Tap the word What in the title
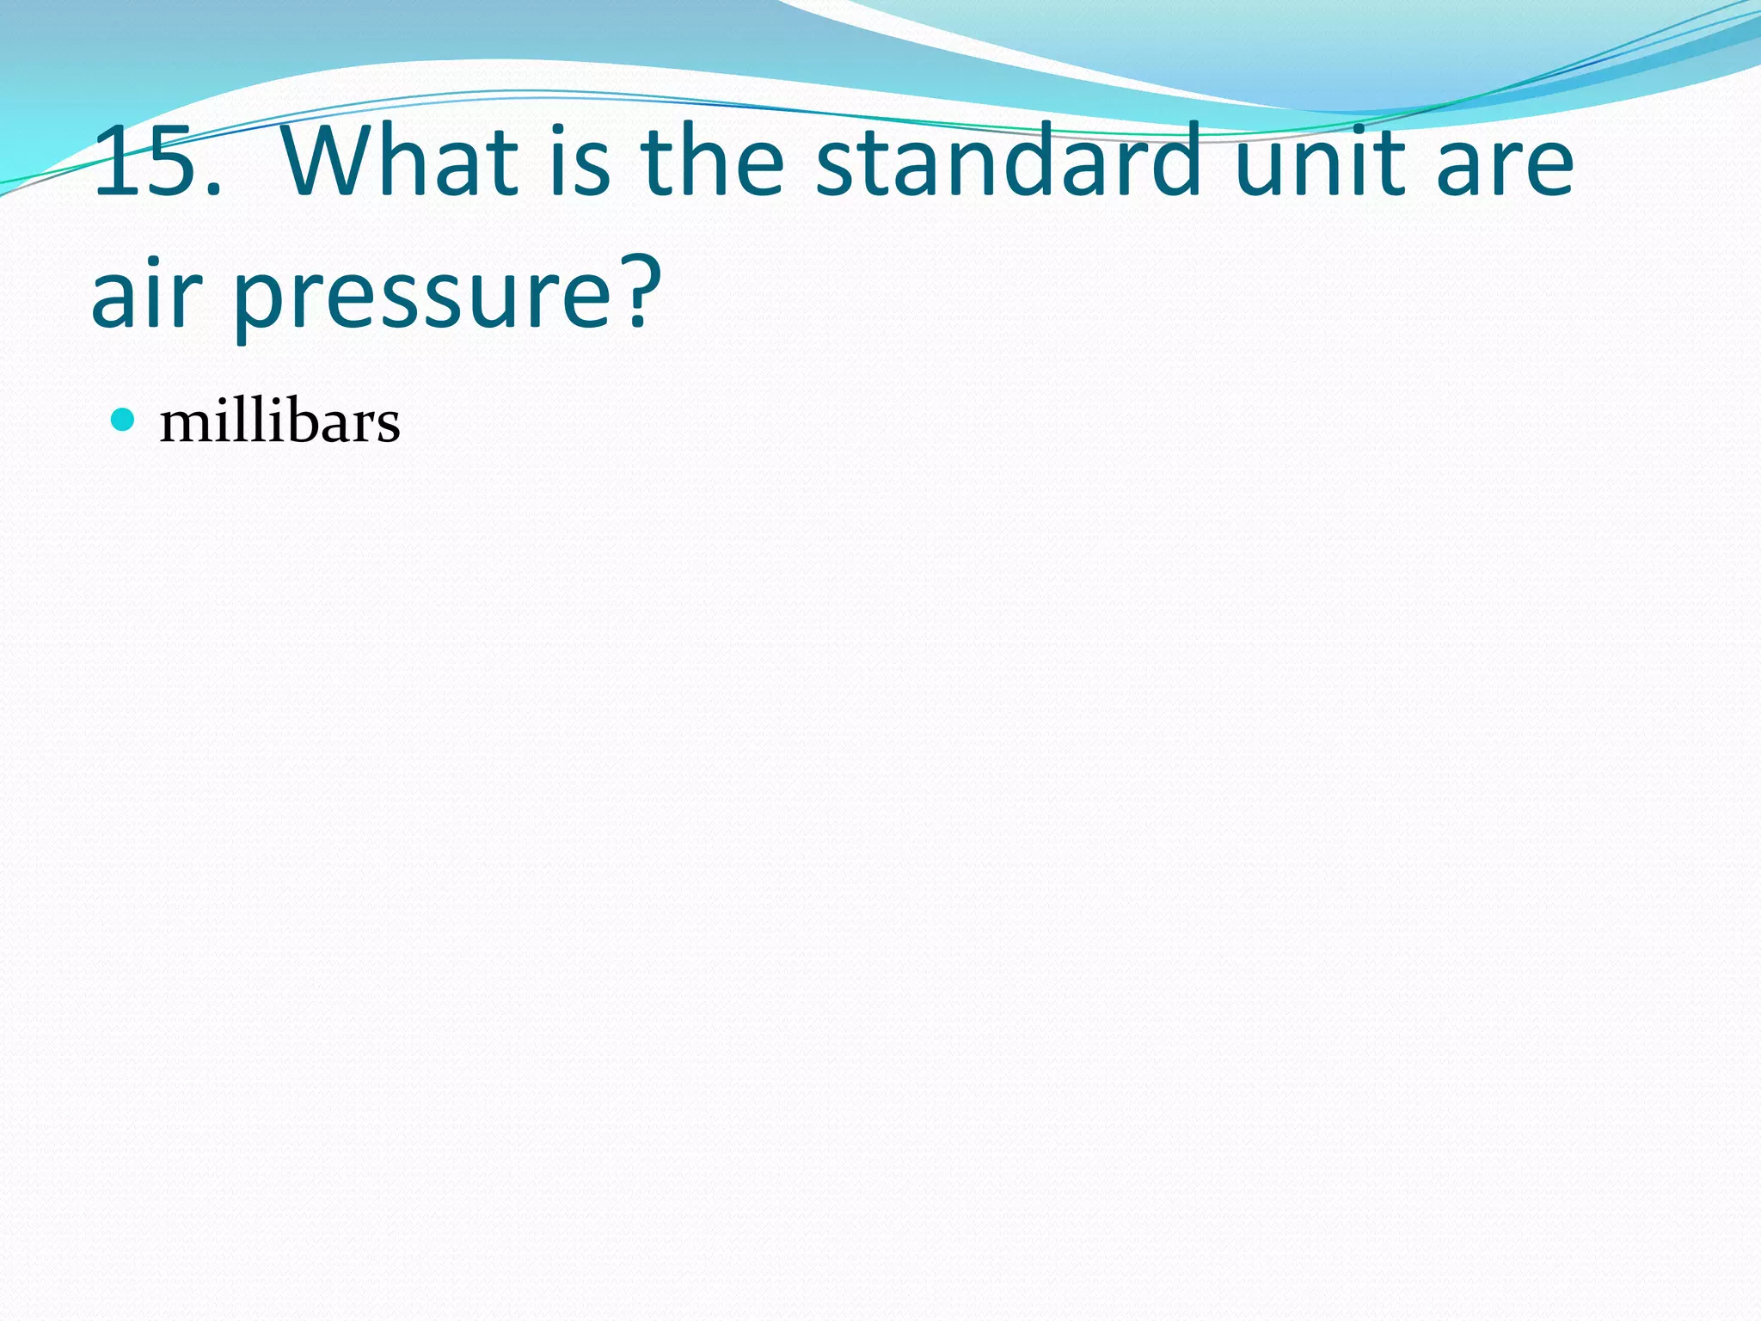click(x=399, y=162)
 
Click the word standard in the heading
click(x=1008, y=162)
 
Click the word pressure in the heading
click(x=421, y=297)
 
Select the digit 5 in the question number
click(x=169, y=162)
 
